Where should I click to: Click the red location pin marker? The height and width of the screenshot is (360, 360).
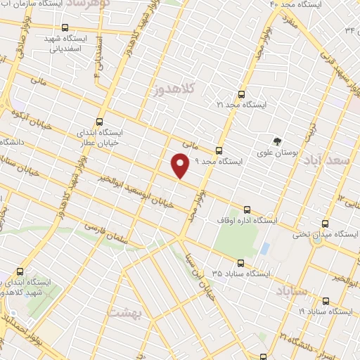(x=180, y=165)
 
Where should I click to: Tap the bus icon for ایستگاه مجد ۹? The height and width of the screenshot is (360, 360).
(x=219, y=150)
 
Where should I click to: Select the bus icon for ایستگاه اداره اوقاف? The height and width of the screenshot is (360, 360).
(x=246, y=210)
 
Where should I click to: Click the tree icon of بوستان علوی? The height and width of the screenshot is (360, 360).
(x=278, y=139)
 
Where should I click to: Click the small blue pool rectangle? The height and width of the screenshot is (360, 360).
(x=264, y=249)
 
